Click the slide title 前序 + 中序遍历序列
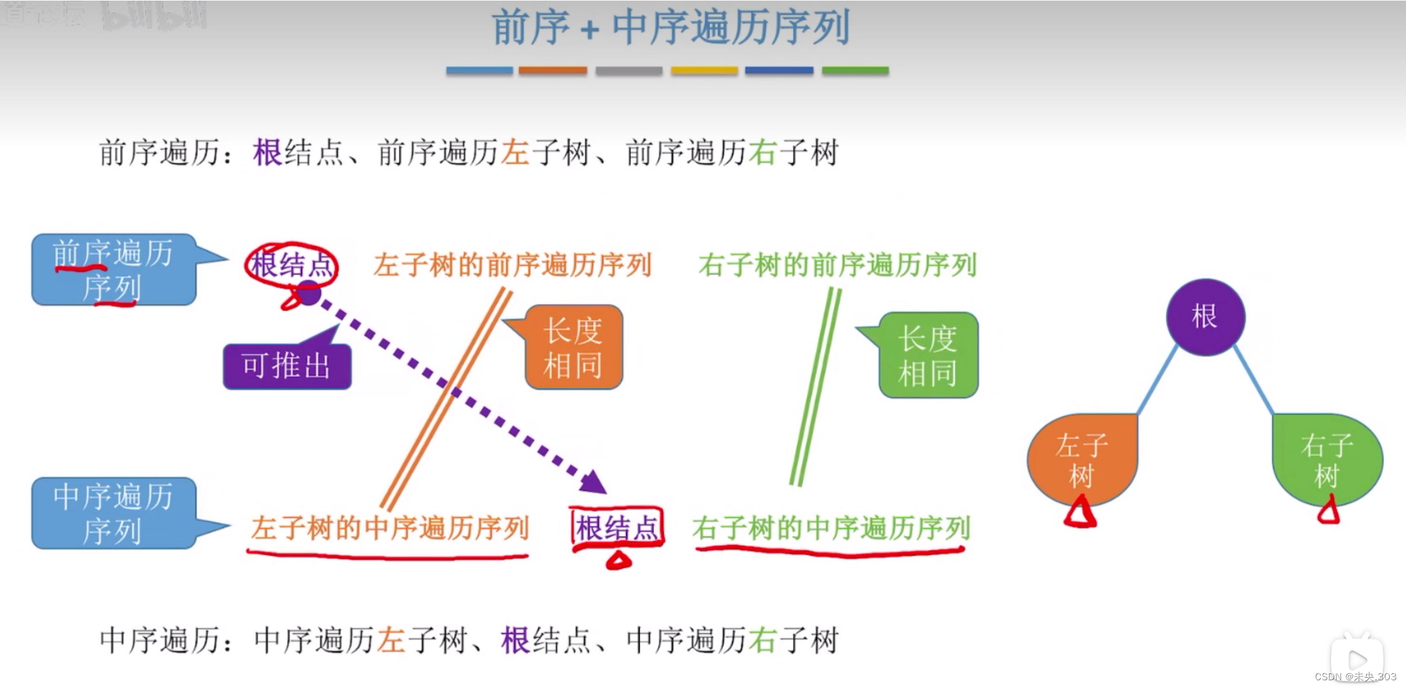tap(670, 28)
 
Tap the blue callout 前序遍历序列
tap(113, 270)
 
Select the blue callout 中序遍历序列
tap(113, 514)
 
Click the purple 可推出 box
tap(287, 366)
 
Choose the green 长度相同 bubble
tap(928, 356)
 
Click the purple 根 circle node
tap(1205, 317)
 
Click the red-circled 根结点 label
tap(292, 265)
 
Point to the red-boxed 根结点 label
tap(617, 528)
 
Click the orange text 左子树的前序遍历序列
tap(513, 265)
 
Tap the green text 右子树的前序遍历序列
tap(837, 265)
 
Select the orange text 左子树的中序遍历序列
tap(390, 528)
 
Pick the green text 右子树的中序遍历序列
tap(831, 528)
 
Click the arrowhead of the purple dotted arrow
tap(593, 482)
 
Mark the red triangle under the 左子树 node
tap(1079, 514)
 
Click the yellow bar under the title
tap(704, 70)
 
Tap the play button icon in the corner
tap(1357, 659)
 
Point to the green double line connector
tap(815, 387)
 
